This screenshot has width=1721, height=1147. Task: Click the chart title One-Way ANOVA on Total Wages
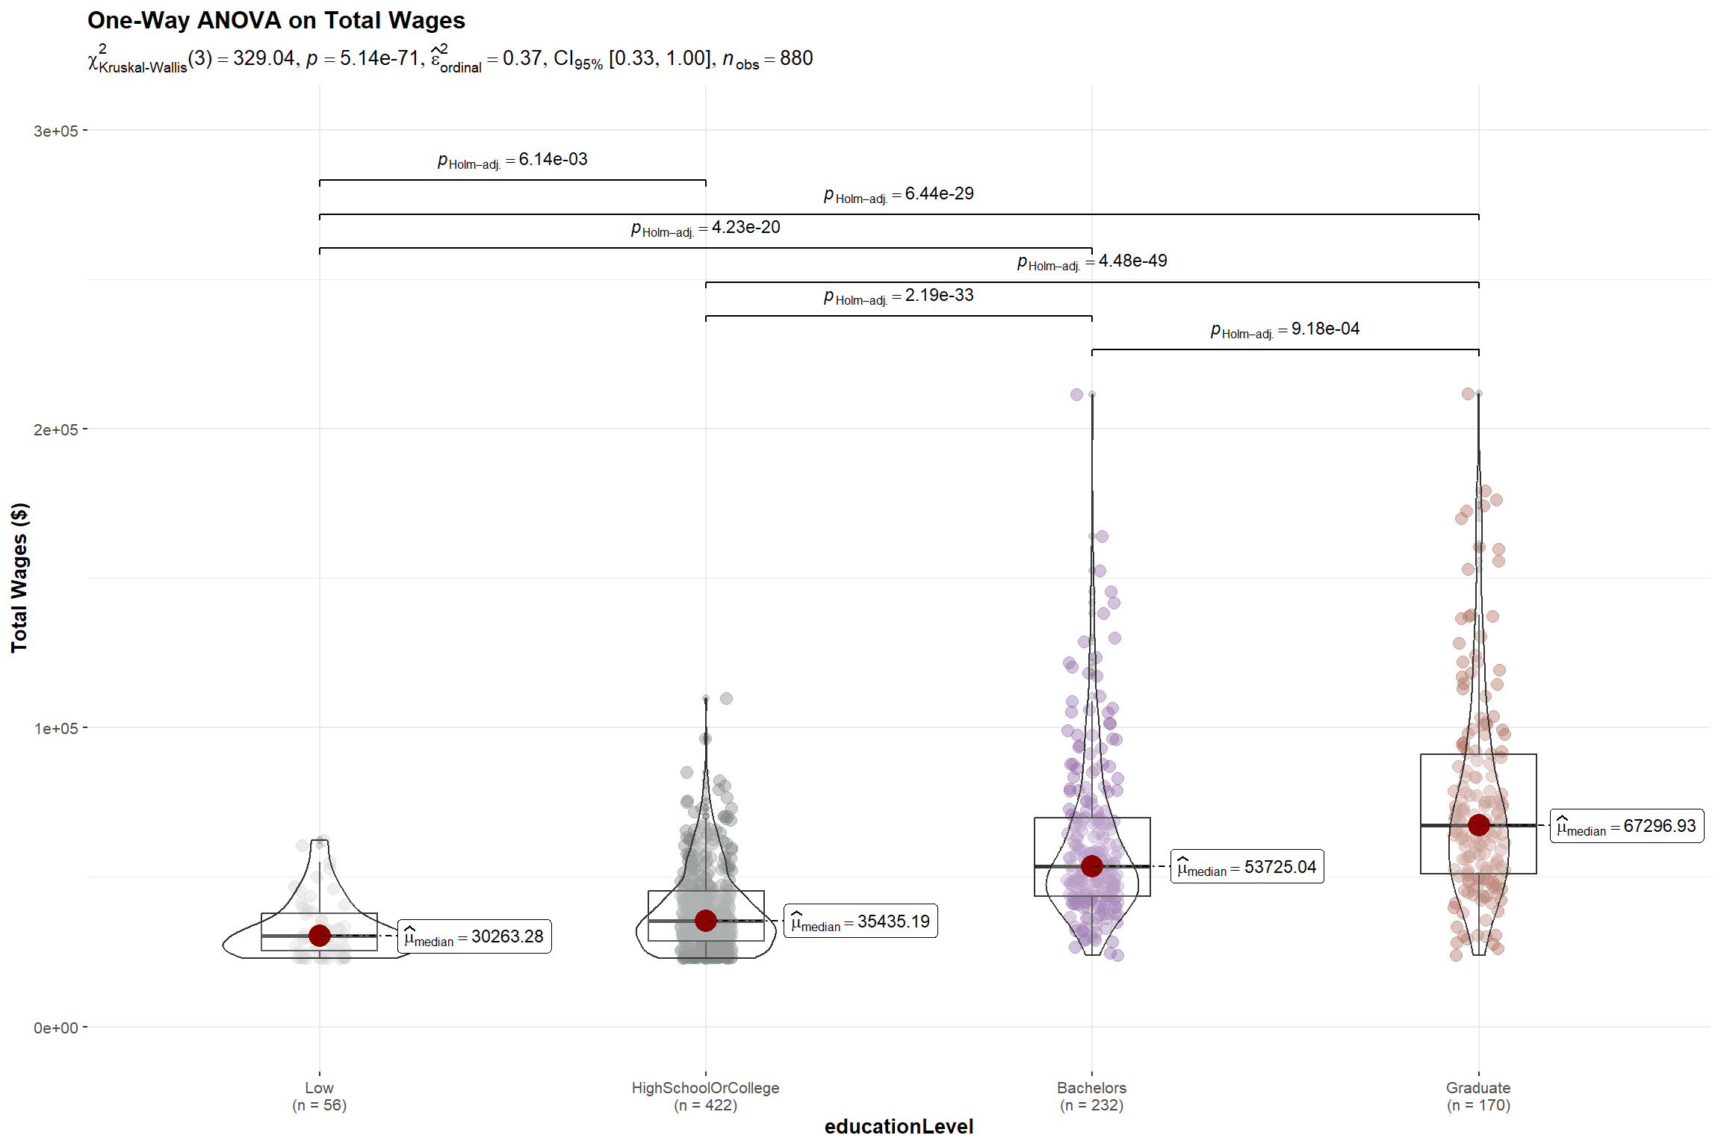click(276, 20)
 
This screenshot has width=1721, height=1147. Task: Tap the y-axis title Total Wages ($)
click(19, 577)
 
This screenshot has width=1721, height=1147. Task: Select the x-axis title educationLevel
click(899, 1126)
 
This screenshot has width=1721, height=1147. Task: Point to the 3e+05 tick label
click(55, 131)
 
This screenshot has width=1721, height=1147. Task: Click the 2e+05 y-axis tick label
click(55, 430)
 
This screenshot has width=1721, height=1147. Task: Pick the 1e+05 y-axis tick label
click(55, 729)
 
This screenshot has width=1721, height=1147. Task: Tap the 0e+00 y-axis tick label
click(55, 1028)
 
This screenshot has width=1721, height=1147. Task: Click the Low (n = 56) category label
click(319, 1096)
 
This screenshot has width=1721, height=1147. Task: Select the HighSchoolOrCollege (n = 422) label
click(705, 1096)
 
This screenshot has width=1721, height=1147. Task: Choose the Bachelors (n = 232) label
click(1091, 1096)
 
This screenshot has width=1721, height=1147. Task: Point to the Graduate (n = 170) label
click(1478, 1096)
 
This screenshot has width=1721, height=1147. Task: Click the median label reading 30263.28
click(474, 936)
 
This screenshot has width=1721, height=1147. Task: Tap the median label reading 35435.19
click(860, 921)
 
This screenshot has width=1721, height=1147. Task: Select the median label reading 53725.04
click(1247, 867)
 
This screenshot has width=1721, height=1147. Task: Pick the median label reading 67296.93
click(1627, 826)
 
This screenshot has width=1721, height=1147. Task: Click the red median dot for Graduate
click(1478, 825)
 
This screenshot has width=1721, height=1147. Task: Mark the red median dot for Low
click(320, 935)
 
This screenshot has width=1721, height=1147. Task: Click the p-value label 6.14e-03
click(512, 160)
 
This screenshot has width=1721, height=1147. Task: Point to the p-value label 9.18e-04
click(1285, 329)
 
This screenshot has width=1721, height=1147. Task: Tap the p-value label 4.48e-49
click(1092, 261)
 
